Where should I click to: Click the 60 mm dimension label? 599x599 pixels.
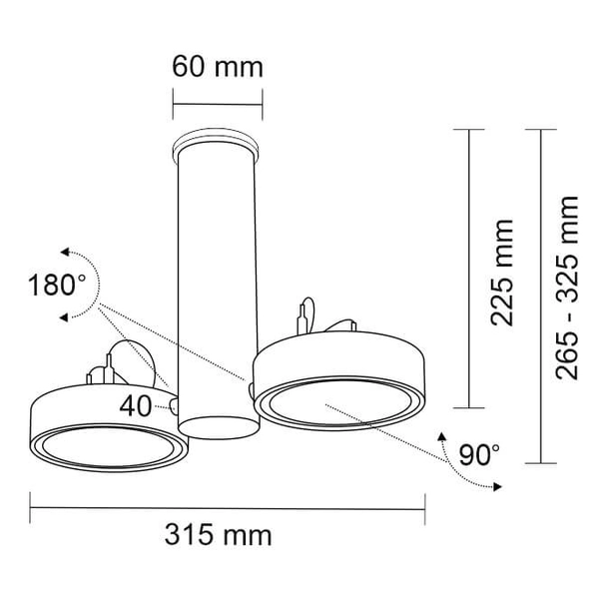coord(218,67)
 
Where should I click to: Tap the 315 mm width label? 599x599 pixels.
coord(218,535)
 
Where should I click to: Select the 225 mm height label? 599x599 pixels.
coord(502,273)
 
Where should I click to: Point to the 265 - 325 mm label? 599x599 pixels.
coord(567,289)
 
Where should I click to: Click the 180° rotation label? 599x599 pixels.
coord(57,285)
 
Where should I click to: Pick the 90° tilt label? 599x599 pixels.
coord(479,454)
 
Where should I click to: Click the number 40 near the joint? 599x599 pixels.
coord(136,405)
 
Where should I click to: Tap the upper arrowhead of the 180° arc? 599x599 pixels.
coord(65,252)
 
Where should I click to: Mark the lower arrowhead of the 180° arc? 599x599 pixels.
coord(64,317)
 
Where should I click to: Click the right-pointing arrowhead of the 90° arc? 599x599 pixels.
coord(497,487)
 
